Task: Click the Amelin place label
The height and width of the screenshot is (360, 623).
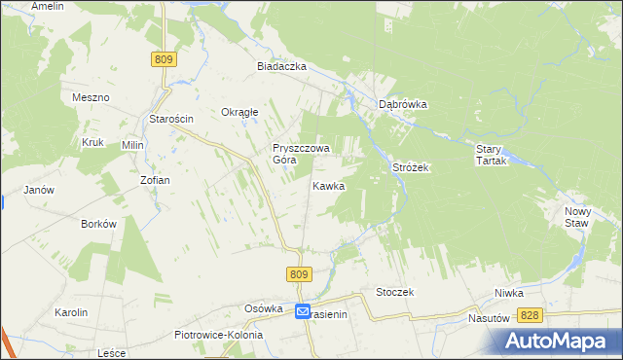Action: coord(48,6)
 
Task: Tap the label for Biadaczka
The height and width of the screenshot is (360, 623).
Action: coord(281,66)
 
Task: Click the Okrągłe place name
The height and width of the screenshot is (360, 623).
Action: coord(239,112)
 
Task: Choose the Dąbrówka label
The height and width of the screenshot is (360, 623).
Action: coord(404,104)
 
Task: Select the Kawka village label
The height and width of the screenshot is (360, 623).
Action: coord(328,185)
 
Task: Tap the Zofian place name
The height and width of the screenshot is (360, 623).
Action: coord(155,180)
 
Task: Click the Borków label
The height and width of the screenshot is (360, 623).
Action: coord(99,223)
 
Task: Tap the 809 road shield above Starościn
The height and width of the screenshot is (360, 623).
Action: coord(164,60)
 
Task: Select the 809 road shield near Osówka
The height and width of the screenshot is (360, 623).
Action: coord(299,275)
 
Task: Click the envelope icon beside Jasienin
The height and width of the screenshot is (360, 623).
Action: coord(303,312)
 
